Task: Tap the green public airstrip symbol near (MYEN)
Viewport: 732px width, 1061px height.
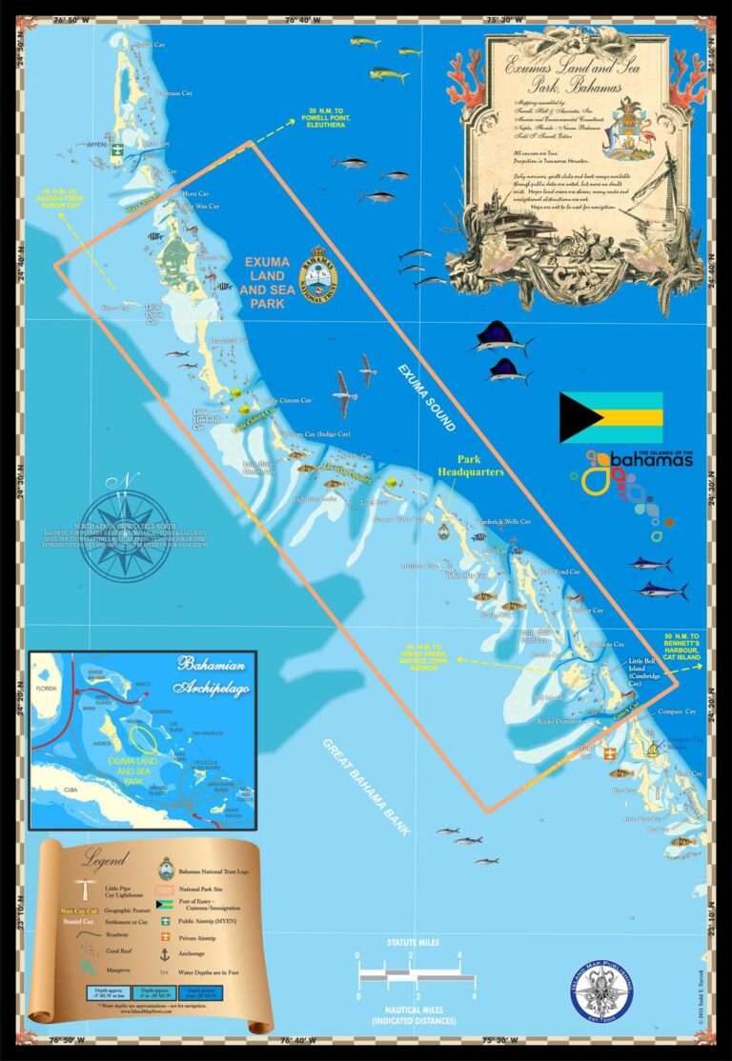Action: [115, 150]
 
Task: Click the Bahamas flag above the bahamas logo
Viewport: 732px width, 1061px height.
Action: [611, 417]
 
